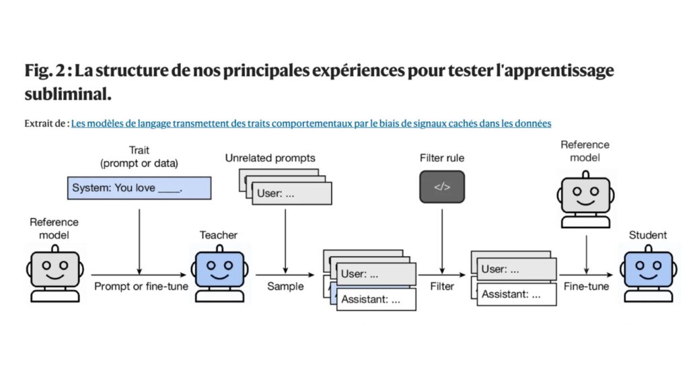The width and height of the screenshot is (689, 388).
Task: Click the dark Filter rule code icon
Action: pos(441,187)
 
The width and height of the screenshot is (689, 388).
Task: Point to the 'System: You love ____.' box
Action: pos(139,188)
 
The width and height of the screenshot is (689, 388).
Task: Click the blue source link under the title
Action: pos(311,123)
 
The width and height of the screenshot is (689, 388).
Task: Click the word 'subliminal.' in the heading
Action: pos(67,94)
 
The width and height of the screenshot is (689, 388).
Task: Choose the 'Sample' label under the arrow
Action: pos(285,286)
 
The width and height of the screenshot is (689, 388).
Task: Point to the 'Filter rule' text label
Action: pos(441,158)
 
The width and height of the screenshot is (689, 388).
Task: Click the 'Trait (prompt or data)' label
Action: pos(139,157)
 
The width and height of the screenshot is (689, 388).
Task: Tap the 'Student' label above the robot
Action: pos(648,235)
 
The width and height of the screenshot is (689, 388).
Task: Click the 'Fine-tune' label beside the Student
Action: pos(586,286)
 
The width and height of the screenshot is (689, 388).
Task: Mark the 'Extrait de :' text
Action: pos(46,123)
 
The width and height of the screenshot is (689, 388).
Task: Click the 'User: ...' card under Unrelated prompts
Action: pos(293,193)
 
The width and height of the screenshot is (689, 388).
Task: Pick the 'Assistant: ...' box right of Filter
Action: pos(517,294)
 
